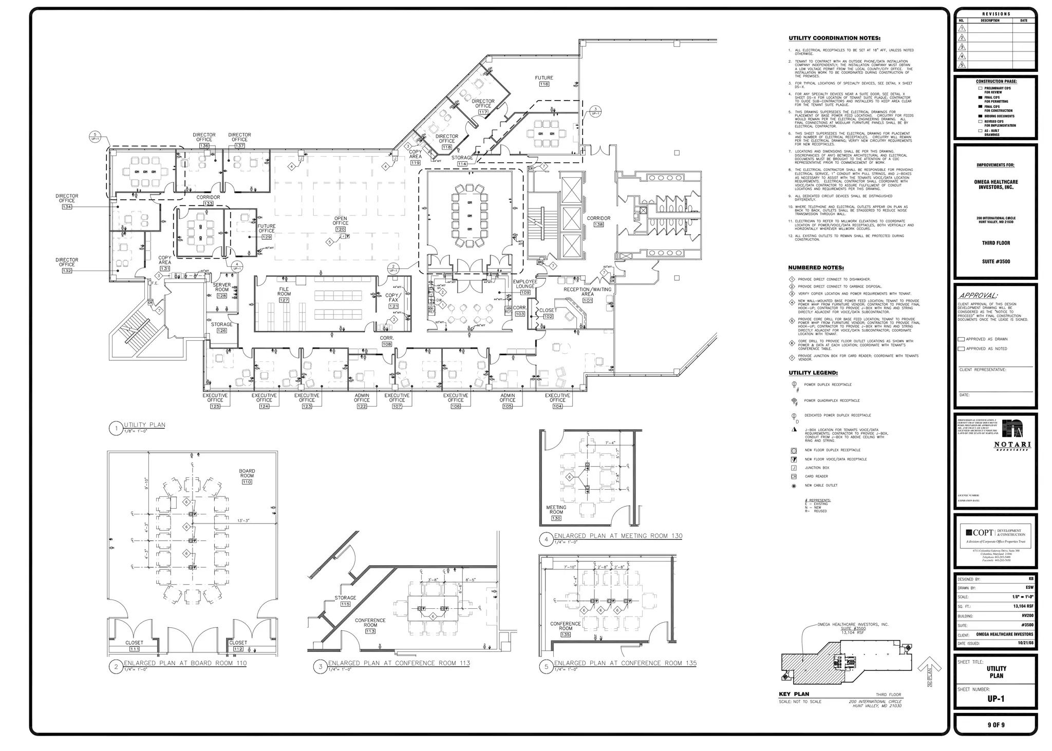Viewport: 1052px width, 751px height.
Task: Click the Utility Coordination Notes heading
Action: (834, 38)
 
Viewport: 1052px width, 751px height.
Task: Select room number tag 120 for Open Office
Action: (340, 229)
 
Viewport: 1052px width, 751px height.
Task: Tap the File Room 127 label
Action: (284, 294)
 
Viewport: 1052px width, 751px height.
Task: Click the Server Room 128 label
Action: (222, 290)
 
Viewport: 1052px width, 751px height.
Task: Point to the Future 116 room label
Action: (544, 81)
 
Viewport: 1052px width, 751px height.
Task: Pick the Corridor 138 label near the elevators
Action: (598, 221)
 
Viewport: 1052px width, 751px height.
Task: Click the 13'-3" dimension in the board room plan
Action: (243, 521)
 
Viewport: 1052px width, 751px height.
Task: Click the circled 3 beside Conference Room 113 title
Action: (321, 667)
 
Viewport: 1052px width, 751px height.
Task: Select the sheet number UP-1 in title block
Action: (995, 699)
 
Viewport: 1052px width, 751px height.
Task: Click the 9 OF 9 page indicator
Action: (995, 725)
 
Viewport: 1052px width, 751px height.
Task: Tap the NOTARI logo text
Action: (1012, 445)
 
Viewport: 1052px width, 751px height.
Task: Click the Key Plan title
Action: (794, 694)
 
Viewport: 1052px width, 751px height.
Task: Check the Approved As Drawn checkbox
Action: (961, 339)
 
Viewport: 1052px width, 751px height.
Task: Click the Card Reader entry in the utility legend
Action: (816, 476)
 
